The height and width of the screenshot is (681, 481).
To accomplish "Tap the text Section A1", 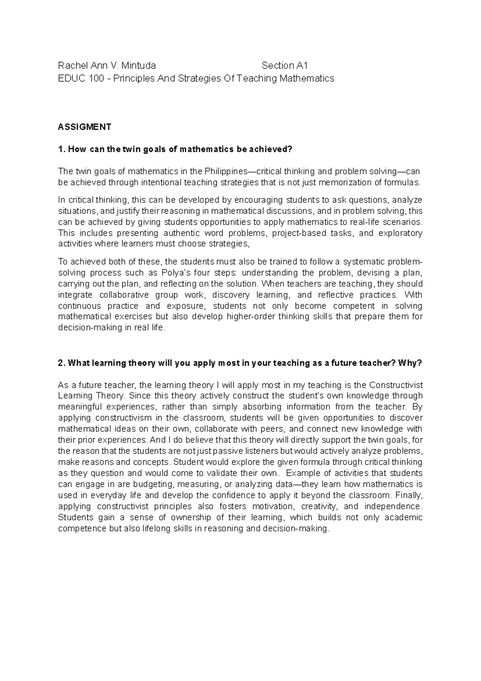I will (285, 65).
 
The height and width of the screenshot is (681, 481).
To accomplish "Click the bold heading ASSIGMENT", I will (85, 127).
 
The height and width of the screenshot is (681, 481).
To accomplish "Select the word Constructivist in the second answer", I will (396, 385).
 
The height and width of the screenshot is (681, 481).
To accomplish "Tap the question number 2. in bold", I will (62, 363).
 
